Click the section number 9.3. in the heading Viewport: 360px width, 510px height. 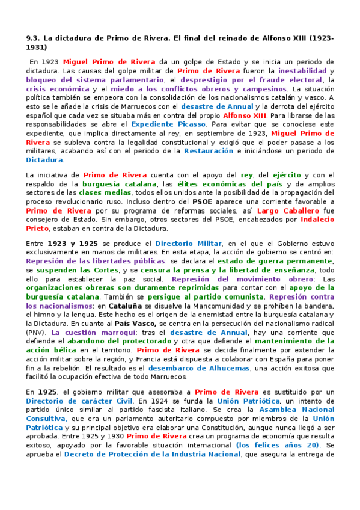pyautogui.click(x=34, y=37)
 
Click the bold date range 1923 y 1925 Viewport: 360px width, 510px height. pyautogui.click(x=72, y=242)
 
